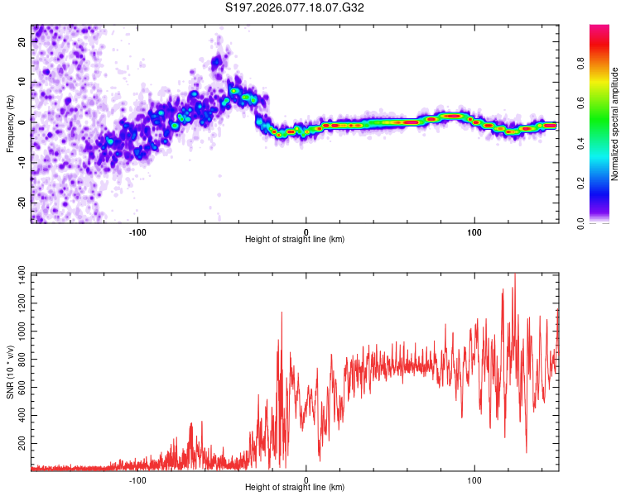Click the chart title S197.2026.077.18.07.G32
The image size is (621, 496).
pos(307,8)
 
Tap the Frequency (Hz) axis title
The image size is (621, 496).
pos(11,124)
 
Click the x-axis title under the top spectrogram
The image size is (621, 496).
pos(295,239)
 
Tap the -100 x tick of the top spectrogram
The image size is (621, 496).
pos(137,231)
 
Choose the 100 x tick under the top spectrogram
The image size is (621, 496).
pos(474,231)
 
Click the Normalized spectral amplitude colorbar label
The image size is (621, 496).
pos(615,124)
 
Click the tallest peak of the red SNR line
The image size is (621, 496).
pos(515,274)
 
